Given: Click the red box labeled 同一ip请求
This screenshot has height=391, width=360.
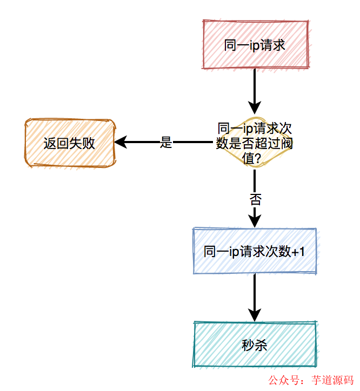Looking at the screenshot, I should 255,45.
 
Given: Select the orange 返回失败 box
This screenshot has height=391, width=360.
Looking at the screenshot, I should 70,143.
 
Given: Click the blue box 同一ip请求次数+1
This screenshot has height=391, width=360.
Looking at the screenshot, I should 255,251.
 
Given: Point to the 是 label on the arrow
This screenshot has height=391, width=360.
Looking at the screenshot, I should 166,143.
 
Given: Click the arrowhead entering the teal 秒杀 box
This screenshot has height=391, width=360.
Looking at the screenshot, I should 255,315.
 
